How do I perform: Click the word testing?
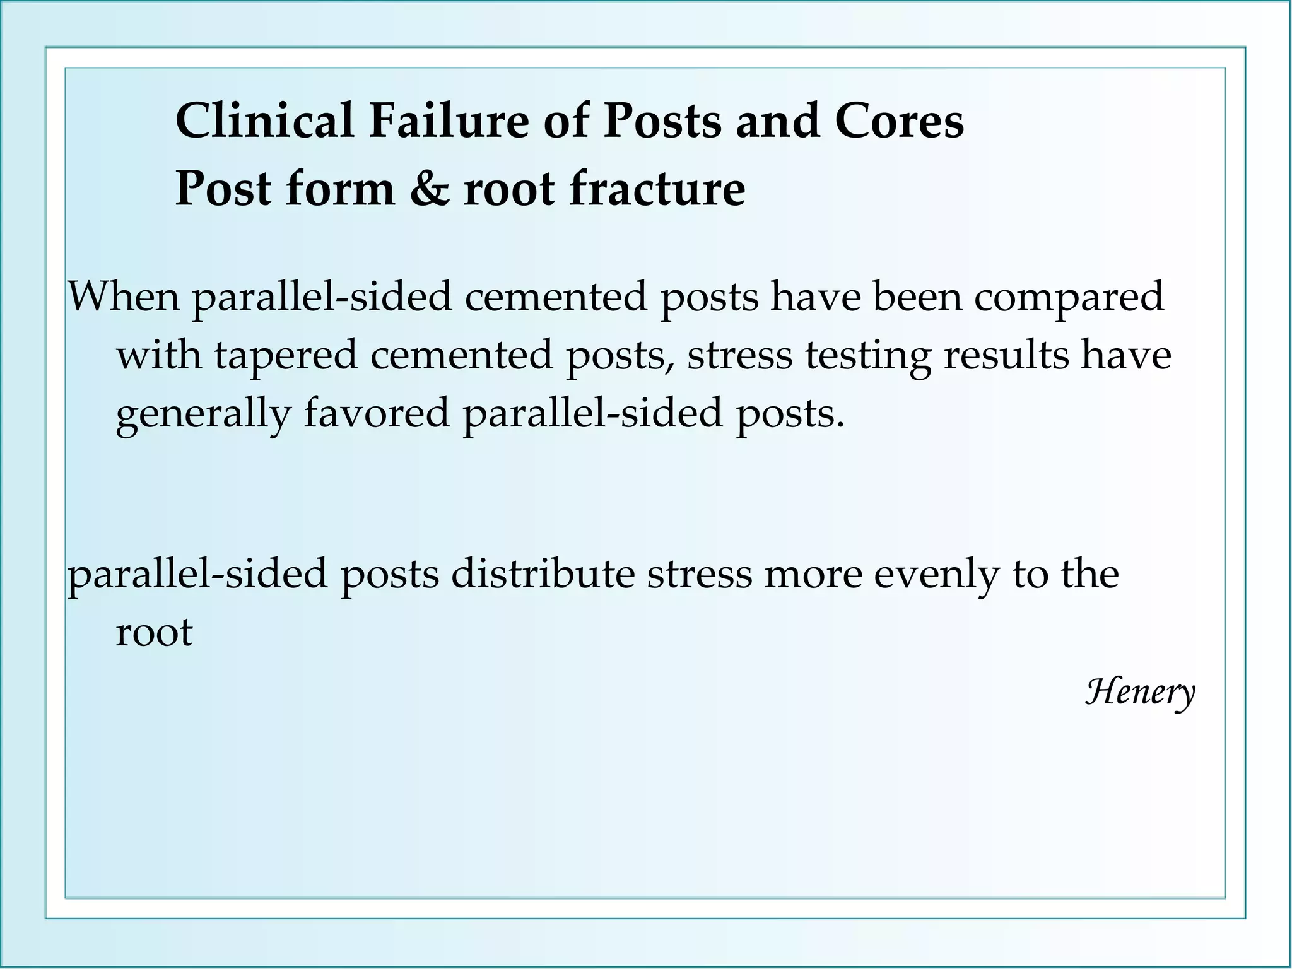[867, 355]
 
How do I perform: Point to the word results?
[1006, 355]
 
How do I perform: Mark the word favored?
[377, 413]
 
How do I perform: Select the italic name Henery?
[1140, 692]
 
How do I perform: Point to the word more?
[813, 574]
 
